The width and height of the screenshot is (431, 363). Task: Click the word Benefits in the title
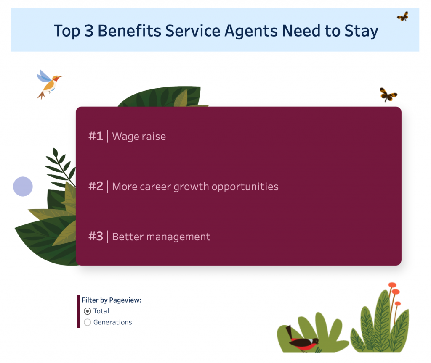pos(130,30)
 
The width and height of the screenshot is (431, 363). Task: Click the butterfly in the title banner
pos(403,16)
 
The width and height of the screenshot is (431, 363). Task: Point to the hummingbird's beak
pos(61,76)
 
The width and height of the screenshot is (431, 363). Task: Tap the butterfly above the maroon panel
pos(388,95)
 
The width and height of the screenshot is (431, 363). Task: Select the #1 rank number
pos(96,136)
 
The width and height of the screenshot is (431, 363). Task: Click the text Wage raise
pos(139,137)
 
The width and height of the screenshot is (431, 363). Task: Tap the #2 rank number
pos(96,186)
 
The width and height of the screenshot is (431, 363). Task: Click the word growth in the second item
pos(191,187)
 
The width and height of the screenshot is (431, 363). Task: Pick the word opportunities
pos(245,187)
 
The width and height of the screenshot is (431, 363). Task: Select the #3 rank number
pos(96,236)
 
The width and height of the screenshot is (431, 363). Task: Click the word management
pos(178,237)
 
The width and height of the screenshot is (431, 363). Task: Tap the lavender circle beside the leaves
pos(23,187)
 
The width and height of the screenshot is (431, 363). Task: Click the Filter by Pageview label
pos(111,300)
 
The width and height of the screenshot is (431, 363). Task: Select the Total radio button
pos(88,311)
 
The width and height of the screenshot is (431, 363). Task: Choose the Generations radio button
pos(88,322)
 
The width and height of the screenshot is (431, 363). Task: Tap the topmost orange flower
pos(392,285)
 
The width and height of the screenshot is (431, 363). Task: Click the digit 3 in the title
pos(89,31)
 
